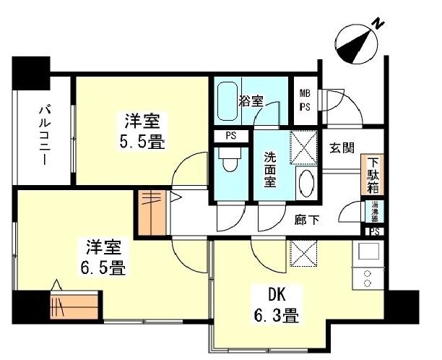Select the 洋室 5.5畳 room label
[x=139, y=131]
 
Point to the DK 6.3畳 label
[x=276, y=304]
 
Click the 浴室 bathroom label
[x=251, y=100]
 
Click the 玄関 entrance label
[x=341, y=148]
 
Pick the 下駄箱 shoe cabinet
[x=373, y=174]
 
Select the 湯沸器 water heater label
[x=375, y=211]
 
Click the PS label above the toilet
[x=230, y=135]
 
